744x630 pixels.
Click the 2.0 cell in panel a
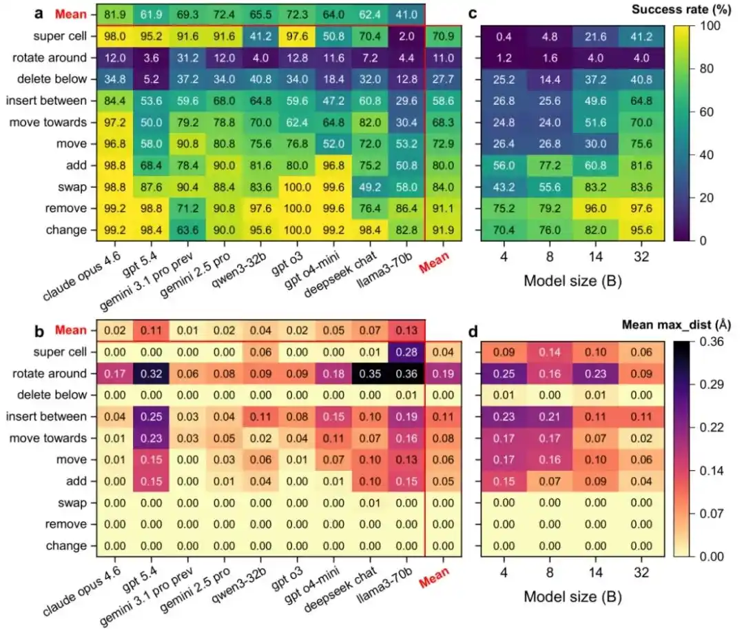pyautogui.click(x=406, y=36)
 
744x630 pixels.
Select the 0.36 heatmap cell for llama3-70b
pyautogui.click(x=406, y=374)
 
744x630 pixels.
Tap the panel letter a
pyautogui.click(x=39, y=13)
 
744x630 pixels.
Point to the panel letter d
pyautogui.click(x=473, y=332)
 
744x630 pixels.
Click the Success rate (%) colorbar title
pyautogui.click(x=681, y=10)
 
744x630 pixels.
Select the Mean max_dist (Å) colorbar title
pyautogui.click(x=676, y=325)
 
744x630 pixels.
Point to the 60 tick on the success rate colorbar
pyautogui.click(x=707, y=112)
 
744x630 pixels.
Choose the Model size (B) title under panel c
pyautogui.click(x=572, y=281)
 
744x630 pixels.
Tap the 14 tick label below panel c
pyautogui.click(x=595, y=257)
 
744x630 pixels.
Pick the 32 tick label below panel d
pyautogui.click(x=641, y=573)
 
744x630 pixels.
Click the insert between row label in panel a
pyautogui.click(x=47, y=101)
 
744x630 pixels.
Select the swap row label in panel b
pyautogui.click(x=72, y=502)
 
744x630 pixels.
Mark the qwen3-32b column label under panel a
pyautogui.click(x=240, y=269)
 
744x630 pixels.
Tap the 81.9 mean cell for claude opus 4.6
pyautogui.click(x=115, y=14)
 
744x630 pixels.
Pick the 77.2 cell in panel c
pyautogui.click(x=550, y=165)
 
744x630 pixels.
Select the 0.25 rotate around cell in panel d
pyautogui.click(x=504, y=374)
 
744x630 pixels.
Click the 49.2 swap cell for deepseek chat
pyautogui.click(x=370, y=187)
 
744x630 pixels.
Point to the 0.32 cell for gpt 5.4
pyautogui.click(x=152, y=374)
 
